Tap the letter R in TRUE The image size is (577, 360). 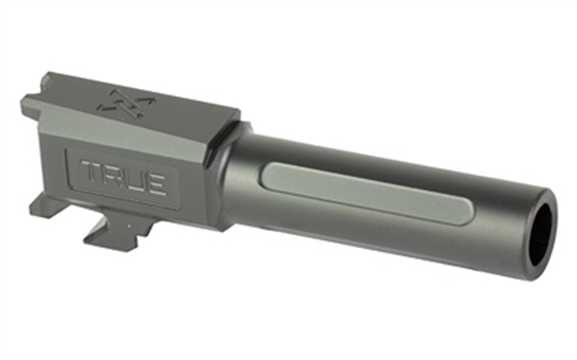pyautogui.click(x=115, y=175)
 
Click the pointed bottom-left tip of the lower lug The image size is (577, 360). pyautogui.click(x=86, y=243)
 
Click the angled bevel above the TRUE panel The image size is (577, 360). pyautogui.click(x=138, y=138)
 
